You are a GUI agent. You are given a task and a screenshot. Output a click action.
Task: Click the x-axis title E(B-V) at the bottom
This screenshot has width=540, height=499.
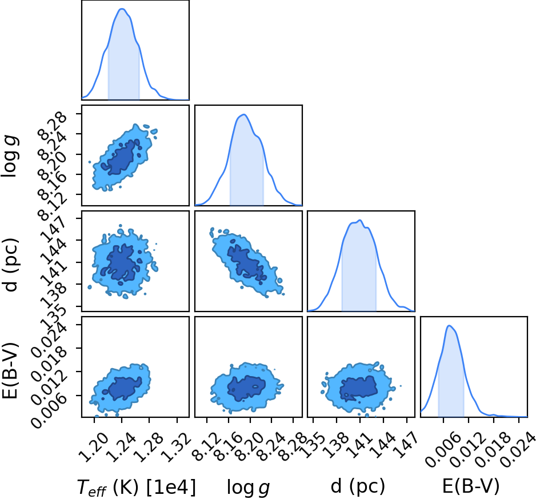click(x=470, y=486)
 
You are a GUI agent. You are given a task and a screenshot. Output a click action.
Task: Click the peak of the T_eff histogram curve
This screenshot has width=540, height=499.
click(x=122, y=9)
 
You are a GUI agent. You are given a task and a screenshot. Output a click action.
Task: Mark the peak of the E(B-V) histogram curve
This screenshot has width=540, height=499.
click(x=449, y=325)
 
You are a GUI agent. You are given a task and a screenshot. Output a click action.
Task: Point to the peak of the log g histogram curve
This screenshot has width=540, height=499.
click(x=244, y=114)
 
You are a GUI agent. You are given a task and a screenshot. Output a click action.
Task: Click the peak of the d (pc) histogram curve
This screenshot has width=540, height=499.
click(x=360, y=220)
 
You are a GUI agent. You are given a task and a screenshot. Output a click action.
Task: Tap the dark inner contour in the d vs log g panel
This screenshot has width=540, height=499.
click(x=246, y=262)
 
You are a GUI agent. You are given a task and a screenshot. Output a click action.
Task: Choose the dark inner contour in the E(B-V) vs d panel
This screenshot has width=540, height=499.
click(x=359, y=388)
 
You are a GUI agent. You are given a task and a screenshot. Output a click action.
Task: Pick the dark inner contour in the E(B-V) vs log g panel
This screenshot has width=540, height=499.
click(x=247, y=389)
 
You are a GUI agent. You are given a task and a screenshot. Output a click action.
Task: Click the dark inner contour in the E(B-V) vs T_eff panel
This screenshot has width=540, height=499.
click(x=125, y=388)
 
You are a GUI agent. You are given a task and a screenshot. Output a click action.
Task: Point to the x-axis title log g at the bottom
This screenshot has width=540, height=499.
click(x=248, y=488)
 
